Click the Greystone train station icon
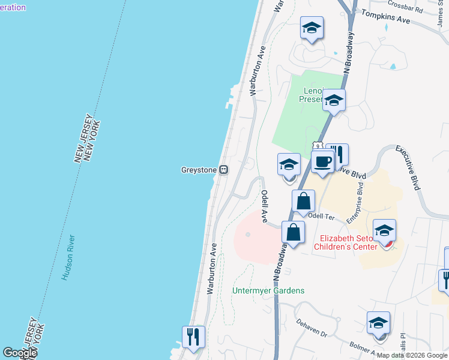tap(223, 170)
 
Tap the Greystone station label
tap(199, 170)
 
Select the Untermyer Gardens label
tap(268, 291)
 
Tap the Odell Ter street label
tap(324, 216)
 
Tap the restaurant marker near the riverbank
tap(193, 337)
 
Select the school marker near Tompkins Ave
tap(312, 28)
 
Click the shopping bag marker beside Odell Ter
tap(304, 202)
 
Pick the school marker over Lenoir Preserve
tap(334, 101)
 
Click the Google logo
tap(20, 353)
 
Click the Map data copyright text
tap(412, 355)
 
